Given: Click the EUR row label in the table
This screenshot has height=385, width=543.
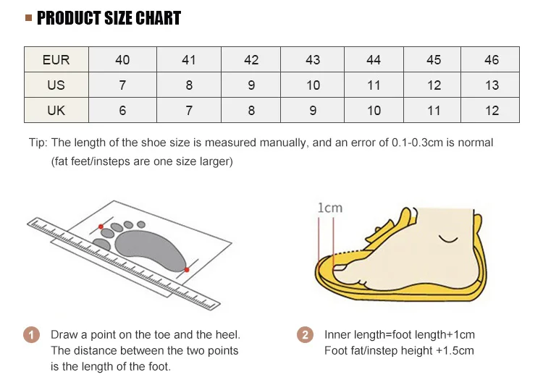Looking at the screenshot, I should (x=56, y=60).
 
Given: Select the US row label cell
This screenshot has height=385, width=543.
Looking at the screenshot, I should (x=56, y=85).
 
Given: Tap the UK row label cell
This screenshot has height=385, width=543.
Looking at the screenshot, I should (x=56, y=111).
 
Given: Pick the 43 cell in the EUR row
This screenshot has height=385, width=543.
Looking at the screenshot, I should (x=313, y=60).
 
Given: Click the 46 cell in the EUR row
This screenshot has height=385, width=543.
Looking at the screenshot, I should (x=492, y=60).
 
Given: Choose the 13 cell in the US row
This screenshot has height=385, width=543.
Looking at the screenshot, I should (x=492, y=85).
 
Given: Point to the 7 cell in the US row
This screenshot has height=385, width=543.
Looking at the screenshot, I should (x=122, y=85).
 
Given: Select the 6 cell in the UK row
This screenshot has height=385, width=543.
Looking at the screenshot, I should (x=122, y=111).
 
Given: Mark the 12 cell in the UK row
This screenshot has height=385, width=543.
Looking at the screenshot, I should (x=492, y=111).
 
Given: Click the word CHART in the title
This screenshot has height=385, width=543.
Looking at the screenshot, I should (x=157, y=18).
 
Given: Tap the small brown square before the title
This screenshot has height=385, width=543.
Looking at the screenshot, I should (x=28, y=18).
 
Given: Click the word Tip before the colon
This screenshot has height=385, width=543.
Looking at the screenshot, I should (x=37, y=143).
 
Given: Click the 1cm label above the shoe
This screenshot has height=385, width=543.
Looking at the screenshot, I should (x=330, y=208).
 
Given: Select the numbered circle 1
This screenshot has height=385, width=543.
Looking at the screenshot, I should (x=31, y=335).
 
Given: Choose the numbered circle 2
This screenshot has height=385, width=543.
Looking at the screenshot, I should (x=305, y=335).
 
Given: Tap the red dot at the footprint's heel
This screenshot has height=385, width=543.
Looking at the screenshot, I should (x=187, y=270).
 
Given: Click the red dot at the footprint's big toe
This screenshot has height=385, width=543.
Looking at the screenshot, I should (x=101, y=227).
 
